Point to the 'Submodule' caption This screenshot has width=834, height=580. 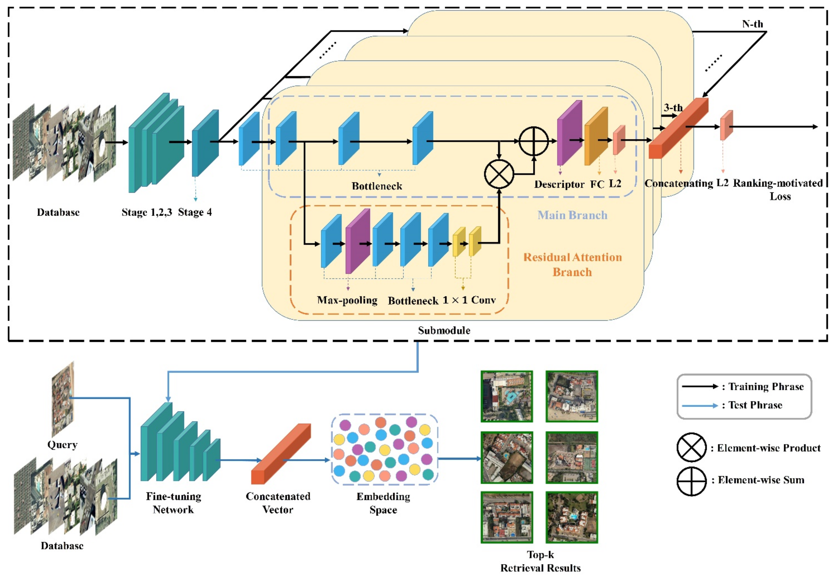click(x=444, y=330)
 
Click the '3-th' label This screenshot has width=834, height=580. click(x=673, y=107)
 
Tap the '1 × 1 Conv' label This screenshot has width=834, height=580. click(x=469, y=300)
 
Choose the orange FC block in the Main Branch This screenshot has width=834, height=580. click(x=596, y=136)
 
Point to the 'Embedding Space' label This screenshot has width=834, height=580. click(x=383, y=503)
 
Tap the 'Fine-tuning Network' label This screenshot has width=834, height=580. click(x=173, y=503)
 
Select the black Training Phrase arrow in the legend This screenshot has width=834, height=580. click(x=700, y=386)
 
